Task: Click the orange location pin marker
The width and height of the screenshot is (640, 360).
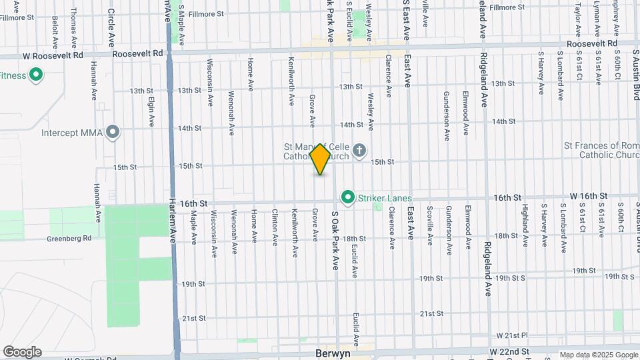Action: (321, 159)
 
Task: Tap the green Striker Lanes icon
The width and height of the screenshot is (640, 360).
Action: (347, 197)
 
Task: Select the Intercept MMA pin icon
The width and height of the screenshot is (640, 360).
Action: (113, 132)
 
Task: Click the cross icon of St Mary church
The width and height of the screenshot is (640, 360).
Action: (360, 150)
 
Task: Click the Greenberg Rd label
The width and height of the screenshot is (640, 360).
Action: (69, 238)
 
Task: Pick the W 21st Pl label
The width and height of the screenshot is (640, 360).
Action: (511, 335)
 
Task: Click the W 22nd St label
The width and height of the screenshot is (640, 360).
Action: (509, 351)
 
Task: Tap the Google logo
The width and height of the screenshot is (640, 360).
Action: (22, 351)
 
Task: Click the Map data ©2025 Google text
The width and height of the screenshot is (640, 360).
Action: (598, 355)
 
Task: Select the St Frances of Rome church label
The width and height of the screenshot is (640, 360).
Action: (601, 150)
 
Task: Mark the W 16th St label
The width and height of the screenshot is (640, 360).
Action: (589, 196)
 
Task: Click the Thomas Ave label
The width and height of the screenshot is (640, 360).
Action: (73, 28)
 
